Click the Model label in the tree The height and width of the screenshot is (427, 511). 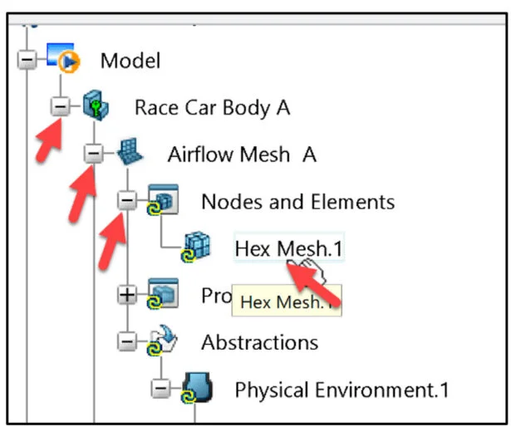pyautogui.click(x=130, y=60)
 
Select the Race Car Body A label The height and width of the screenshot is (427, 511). pyautogui.click(x=212, y=107)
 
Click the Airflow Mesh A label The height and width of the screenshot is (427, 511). pyautogui.click(x=242, y=155)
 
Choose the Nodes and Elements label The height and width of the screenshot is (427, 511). pyautogui.click(x=297, y=201)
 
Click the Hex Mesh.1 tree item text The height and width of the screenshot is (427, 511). pyautogui.click(x=288, y=248)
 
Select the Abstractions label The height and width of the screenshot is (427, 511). pyautogui.click(x=259, y=341)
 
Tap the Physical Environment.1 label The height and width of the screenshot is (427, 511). pyautogui.click(x=342, y=389)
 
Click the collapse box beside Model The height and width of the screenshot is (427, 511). pyautogui.click(x=27, y=61)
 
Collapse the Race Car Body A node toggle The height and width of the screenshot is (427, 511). pyautogui.click(x=60, y=107)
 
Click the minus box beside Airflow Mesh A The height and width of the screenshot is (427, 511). pyautogui.click(x=94, y=155)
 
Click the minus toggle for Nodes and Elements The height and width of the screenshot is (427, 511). pyautogui.click(x=126, y=201)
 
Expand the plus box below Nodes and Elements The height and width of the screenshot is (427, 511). pyautogui.click(x=126, y=295)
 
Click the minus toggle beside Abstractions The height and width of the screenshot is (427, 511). pyautogui.click(x=126, y=341)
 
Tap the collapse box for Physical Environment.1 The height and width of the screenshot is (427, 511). pyautogui.click(x=160, y=389)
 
